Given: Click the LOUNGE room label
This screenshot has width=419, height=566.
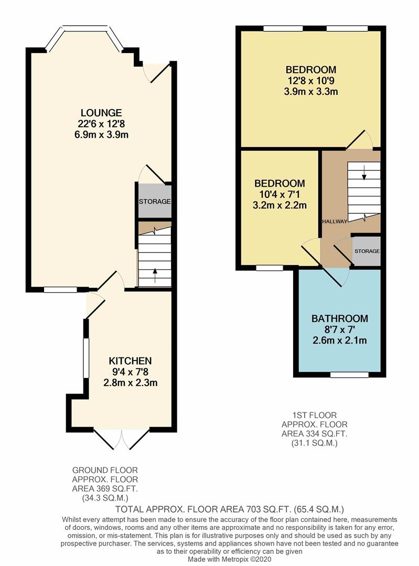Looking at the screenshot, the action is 101,113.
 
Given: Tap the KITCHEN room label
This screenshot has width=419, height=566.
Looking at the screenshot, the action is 130,361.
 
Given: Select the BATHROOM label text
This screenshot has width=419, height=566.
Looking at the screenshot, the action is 339,319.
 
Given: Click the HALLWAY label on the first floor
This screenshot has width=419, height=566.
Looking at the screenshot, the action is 335,221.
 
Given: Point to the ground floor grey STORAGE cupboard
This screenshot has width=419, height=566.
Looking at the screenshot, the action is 155,201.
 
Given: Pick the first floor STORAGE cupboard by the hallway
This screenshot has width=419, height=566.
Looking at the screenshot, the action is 367,251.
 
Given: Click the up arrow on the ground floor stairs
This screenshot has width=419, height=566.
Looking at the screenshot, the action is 155,273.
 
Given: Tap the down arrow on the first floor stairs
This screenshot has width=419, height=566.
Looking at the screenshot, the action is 364,173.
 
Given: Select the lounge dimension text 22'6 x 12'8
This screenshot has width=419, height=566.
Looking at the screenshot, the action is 101,124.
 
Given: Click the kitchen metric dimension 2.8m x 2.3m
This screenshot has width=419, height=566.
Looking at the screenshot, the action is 130,383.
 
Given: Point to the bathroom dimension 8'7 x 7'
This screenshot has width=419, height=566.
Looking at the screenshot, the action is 339,329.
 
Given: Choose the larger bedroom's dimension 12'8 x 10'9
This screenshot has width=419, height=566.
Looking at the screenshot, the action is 311,81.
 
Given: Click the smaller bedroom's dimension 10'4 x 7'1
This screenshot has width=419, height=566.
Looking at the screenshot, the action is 280,194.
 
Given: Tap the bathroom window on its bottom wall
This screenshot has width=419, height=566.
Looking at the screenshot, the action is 349,375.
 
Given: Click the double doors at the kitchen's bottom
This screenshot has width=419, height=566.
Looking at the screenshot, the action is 122,439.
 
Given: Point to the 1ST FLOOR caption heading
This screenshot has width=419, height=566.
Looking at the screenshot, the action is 314,415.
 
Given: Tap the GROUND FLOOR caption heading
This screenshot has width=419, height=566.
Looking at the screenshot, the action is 105,470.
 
